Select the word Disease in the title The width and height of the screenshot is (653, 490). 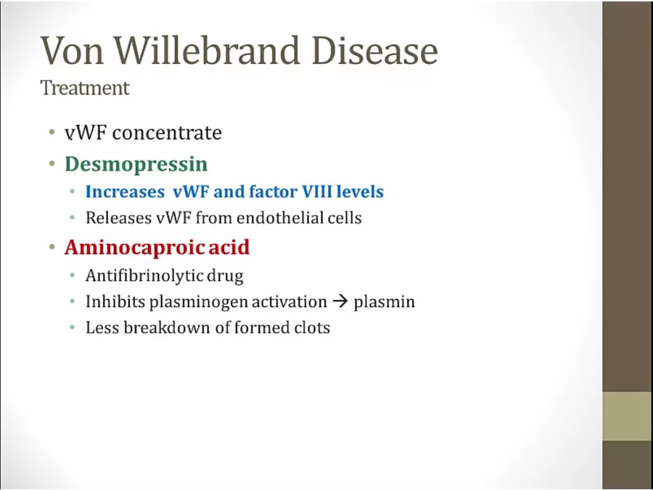(x=375, y=50)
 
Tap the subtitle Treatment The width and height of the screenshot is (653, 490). (x=85, y=88)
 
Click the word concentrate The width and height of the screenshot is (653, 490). (x=167, y=133)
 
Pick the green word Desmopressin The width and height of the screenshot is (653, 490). (x=136, y=164)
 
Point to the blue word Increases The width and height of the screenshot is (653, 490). (x=125, y=192)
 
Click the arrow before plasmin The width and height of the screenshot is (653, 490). (x=340, y=301)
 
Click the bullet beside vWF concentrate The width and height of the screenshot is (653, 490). (x=52, y=133)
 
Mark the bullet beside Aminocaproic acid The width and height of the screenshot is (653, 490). (x=52, y=247)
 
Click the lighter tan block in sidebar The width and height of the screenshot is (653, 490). (x=628, y=416)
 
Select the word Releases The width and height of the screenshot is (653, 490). (x=118, y=218)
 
